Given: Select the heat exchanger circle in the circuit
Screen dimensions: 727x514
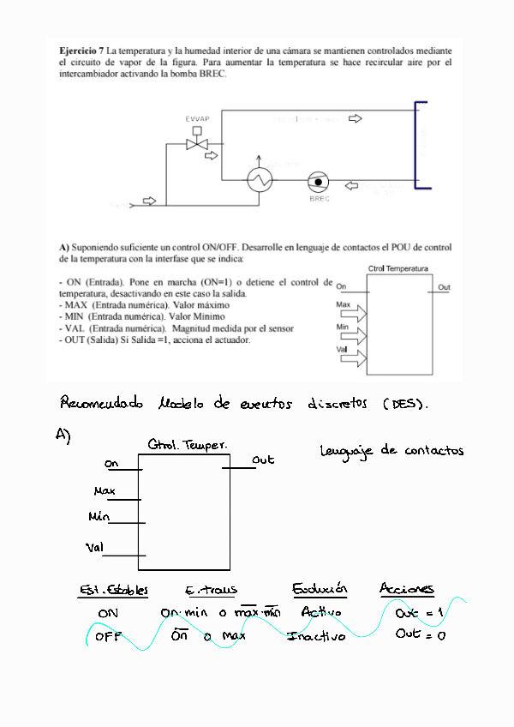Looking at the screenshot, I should pyautogui.click(x=260, y=179).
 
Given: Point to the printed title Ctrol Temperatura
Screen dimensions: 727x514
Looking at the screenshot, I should pyautogui.click(x=397, y=268).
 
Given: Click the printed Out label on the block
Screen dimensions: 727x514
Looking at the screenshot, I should pyautogui.click(x=444, y=287).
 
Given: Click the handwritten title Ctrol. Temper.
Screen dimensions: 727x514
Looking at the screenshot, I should pyautogui.click(x=187, y=446).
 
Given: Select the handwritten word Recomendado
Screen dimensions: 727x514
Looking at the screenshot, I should pyautogui.click(x=103, y=403).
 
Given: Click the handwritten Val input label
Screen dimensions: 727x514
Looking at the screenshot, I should pyautogui.click(x=95, y=547).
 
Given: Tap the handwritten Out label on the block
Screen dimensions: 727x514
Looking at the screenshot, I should pyautogui.click(x=263, y=460).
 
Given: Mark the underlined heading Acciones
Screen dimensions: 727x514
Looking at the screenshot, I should pyautogui.click(x=406, y=589).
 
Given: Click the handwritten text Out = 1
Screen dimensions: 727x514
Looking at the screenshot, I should pyautogui.click(x=420, y=613).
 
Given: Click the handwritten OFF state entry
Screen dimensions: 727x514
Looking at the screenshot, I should pyautogui.click(x=108, y=638).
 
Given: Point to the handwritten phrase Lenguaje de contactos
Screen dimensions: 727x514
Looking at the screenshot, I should pyautogui.click(x=391, y=451).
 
